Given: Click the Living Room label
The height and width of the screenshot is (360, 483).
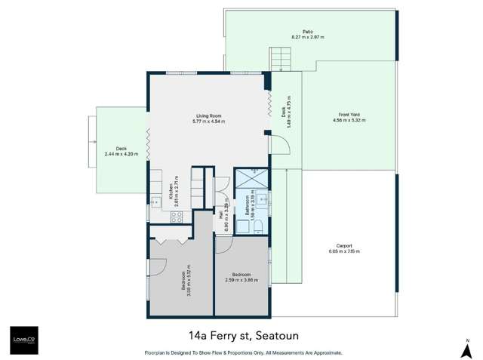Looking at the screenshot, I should point(209,116).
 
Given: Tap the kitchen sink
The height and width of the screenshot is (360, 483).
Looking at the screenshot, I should point(155,202).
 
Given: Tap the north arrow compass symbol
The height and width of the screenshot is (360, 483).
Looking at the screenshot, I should point(467,348).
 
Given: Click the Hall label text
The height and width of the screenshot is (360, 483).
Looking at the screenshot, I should point(220,214).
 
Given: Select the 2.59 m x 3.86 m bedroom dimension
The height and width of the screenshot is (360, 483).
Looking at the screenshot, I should point(241,280).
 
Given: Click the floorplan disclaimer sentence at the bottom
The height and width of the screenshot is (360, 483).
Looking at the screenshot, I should point(243,352).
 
